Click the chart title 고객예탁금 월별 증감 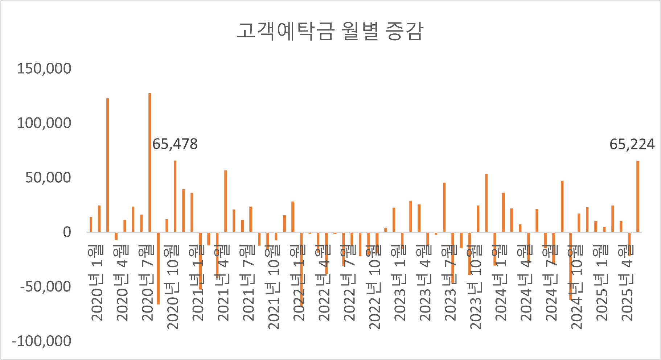point(330,31)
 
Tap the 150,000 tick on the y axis point(44,69)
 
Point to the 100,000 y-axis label point(44,123)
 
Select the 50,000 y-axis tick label point(48,178)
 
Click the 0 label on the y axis point(67,232)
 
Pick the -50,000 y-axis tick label point(46,287)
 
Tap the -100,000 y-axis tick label point(41,341)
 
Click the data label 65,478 point(175,144)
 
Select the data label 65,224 point(632,144)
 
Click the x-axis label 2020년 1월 point(97,283)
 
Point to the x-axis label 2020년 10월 point(173,286)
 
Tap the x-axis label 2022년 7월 point(349,283)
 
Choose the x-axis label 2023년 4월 point(425,283)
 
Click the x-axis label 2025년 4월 point(627,283)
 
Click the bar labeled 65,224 point(638,196)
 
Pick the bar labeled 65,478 point(175,196)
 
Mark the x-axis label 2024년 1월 point(501,283)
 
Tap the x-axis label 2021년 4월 point(223,283)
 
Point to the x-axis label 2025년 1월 point(602,283)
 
